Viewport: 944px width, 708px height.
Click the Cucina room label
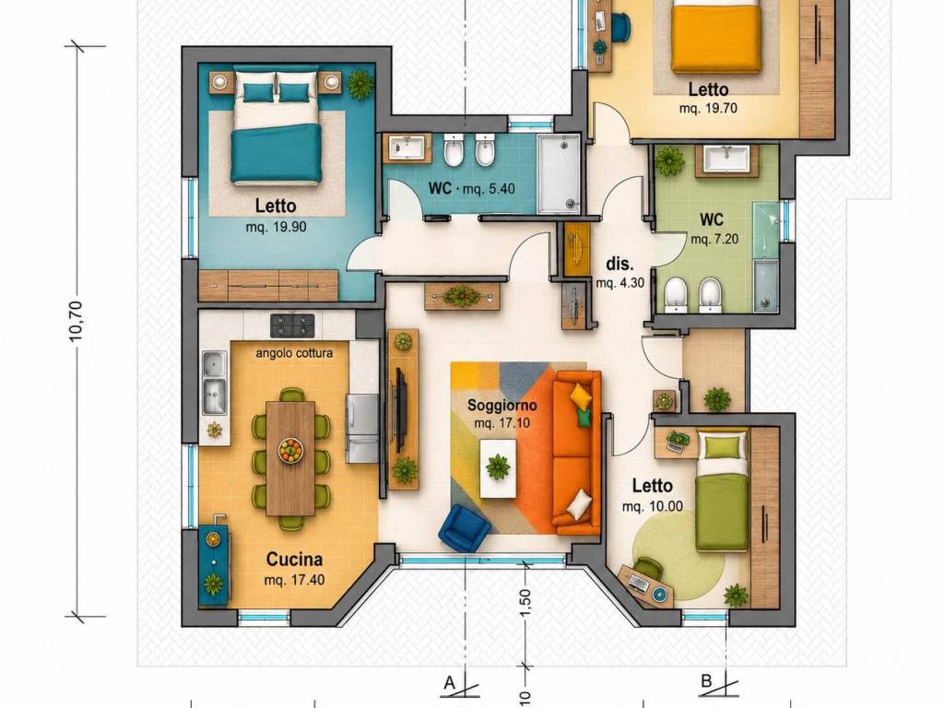coord(294,560)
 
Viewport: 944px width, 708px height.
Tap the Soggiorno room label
coord(502,406)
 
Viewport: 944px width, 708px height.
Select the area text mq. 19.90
coord(276,227)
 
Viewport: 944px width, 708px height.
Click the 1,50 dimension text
coord(525,602)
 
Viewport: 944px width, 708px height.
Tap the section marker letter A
coord(449,683)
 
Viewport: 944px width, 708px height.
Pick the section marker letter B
coord(707,681)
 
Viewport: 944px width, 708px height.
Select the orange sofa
coord(576,453)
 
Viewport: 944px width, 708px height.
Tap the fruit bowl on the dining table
coord(290,450)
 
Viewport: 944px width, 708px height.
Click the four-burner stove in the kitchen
coord(292,325)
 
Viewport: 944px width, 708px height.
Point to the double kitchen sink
coord(215,383)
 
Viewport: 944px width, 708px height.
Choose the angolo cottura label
coord(294,353)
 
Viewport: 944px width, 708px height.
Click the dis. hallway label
coord(619,264)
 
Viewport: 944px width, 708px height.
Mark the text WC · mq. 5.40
coord(471,188)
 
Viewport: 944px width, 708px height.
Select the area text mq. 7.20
coord(714,239)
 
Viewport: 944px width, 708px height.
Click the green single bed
coord(723,490)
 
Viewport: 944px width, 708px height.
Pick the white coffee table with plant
coord(498,468)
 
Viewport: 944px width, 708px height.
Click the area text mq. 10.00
coord(653,506)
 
